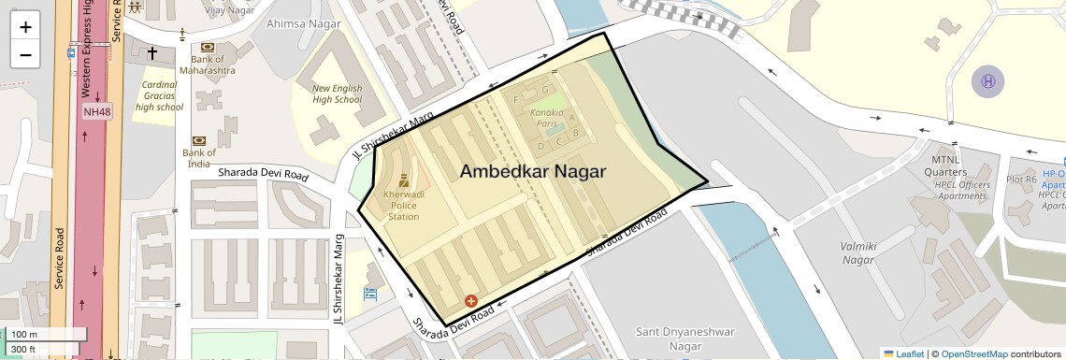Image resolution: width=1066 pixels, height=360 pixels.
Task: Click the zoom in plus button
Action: [x=25, y=26]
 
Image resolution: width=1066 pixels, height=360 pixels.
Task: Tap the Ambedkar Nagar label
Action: [x=532, y=172]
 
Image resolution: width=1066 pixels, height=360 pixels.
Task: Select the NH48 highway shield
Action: [x=97, y=111]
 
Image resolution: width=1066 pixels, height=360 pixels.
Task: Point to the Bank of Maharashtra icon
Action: [x=208, y=47]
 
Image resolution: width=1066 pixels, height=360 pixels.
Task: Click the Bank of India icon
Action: [x=198, y=140]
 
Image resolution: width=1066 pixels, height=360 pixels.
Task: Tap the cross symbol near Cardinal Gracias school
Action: [x=152, y=53]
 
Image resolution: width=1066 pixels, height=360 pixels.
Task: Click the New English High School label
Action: [x=337, y=94]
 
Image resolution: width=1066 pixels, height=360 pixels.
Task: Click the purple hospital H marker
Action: [x=987, y=80]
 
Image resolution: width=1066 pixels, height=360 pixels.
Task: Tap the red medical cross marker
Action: [x=470, y=301]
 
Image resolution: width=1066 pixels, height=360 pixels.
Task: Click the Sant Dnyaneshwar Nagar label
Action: [x=685, y=338]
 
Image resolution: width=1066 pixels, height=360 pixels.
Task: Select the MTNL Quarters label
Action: [x=944, y=166]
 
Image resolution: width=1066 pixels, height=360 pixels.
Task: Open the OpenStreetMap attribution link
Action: [x=973, y=353]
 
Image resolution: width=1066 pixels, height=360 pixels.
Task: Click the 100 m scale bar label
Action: [x=25, y=335]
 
